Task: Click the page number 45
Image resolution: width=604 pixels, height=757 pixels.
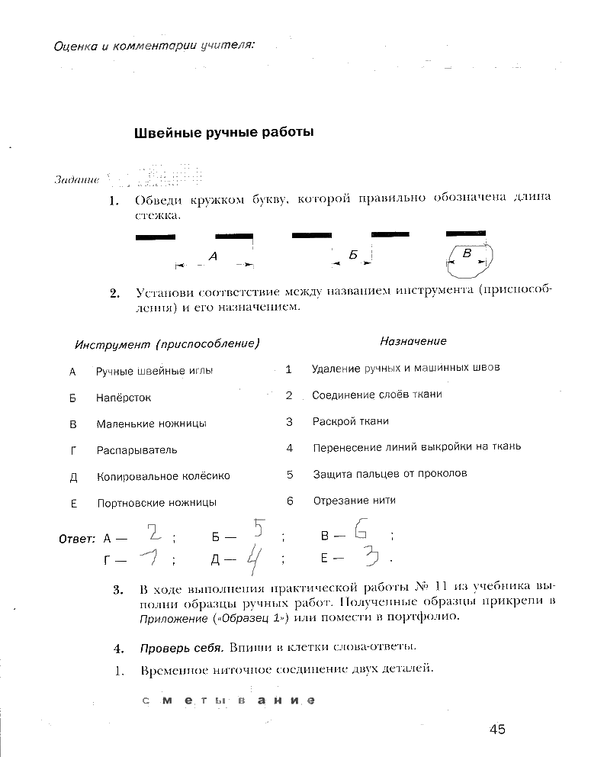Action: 497,729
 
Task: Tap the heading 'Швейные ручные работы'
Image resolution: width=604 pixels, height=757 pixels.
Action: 224,132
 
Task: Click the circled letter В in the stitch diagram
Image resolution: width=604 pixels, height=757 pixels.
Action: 468,253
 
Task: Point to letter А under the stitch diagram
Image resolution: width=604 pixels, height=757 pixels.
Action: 213,257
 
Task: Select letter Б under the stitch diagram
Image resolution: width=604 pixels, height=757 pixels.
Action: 353,256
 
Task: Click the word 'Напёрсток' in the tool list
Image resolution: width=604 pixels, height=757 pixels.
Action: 124,398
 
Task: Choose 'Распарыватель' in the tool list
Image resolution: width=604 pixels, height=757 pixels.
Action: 137,449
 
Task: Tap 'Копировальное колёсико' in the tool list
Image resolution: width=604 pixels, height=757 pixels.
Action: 163,476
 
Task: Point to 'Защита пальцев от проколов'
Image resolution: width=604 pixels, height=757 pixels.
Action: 390,474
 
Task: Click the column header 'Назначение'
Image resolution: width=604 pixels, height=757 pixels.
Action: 413,341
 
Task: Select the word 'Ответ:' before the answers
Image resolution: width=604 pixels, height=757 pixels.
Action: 77,539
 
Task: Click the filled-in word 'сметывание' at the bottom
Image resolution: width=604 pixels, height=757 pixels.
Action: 227,701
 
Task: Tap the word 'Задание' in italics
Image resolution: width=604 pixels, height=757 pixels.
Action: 77,180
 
